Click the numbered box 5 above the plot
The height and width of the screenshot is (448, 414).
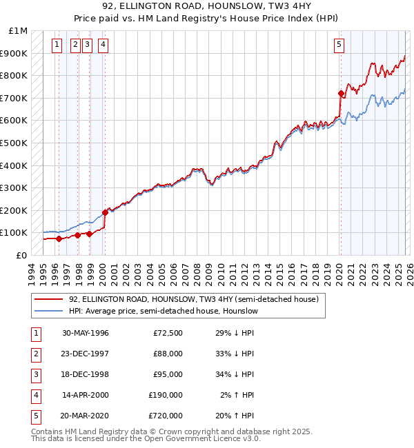[339, 45]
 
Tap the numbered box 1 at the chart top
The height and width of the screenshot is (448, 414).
[58, 45]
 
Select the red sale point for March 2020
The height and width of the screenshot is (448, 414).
[341, 93]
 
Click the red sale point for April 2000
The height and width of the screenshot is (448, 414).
[106, 212]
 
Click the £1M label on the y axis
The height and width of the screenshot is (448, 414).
[18, 31]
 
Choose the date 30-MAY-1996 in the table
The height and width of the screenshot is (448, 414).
[86, 333]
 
